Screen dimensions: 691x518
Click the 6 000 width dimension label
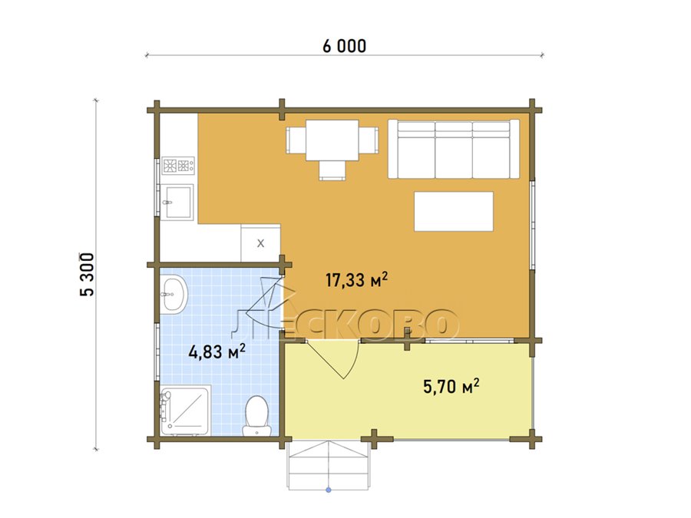pos(344,46)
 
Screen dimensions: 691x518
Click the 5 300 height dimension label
pos(87,275)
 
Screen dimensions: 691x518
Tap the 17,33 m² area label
pos(356,279)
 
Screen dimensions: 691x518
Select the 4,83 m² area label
pos(217,351)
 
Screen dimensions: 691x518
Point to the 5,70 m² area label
pos(451,386)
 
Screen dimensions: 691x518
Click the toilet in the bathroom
pos(256,416)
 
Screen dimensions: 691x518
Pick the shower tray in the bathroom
pos(185,411)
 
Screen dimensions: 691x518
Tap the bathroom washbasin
pos(174,294)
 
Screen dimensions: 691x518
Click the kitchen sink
pos(177,202)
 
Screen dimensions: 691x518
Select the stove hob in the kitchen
pos(178,166)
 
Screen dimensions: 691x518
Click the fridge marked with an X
pos(260,243)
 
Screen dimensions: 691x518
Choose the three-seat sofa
pos(454,149)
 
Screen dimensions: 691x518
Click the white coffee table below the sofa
pos(454,212)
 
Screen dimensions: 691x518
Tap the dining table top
pos(332,140)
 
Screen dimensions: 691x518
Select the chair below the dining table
pos(332,170)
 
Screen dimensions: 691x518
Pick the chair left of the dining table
pos(296,140)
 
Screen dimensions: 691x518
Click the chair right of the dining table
pos(369,140)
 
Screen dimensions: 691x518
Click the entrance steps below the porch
pos(329,464)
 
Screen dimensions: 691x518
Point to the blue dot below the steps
pos(329,490)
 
